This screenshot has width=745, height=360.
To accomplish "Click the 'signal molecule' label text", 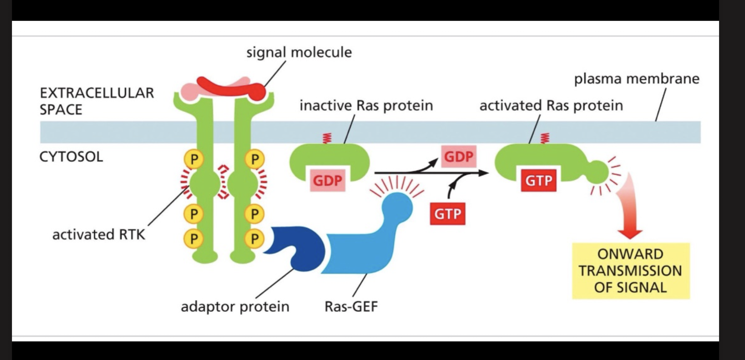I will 299,52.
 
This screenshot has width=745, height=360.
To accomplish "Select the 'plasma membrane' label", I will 637,79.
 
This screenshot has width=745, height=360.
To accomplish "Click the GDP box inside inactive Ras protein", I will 327,180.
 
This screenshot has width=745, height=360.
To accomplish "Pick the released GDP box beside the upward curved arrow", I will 458,157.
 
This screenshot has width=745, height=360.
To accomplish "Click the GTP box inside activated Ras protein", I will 539,180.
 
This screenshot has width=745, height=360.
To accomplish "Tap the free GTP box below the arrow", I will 447,214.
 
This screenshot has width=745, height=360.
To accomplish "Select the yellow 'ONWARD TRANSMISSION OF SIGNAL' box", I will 630,271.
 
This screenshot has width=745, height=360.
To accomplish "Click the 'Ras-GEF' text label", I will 351,306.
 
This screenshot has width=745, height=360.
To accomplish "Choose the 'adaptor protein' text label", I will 235,306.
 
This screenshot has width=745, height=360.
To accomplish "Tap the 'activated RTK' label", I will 99,234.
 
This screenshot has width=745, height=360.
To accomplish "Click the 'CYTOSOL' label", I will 71,157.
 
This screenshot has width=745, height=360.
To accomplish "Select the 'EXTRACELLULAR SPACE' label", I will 96,101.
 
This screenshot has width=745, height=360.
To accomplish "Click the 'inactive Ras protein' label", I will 366,105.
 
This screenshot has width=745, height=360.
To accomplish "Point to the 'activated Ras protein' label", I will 551,105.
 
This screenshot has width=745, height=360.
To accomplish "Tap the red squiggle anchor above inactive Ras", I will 326,138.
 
